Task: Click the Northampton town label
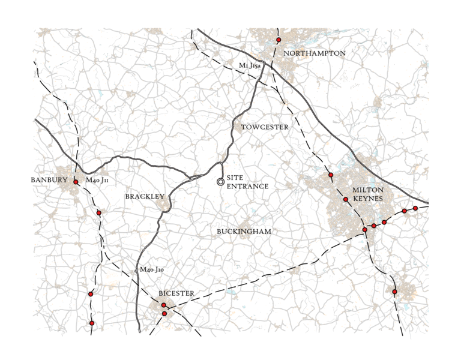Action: (315, 53)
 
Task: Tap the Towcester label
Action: (265, 127)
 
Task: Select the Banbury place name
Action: (49, 179)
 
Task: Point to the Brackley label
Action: (145, 196)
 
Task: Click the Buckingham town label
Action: (244, 231)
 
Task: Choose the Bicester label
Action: (176, 293)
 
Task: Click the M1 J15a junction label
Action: (250, 65)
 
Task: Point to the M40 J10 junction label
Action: (152, 269)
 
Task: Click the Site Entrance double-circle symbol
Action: (220, 181)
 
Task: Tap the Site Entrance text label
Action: (247, 182)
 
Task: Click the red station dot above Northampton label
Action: (279, 40)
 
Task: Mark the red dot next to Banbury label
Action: (76, 181)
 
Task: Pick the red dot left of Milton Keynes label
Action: (346, 199)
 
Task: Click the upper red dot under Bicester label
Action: (163, 305)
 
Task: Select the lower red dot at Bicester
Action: (164, 313)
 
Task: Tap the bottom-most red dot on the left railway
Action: (92, 323)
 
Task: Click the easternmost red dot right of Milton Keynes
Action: (415, 208)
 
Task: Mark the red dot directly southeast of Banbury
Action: (99, 212)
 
